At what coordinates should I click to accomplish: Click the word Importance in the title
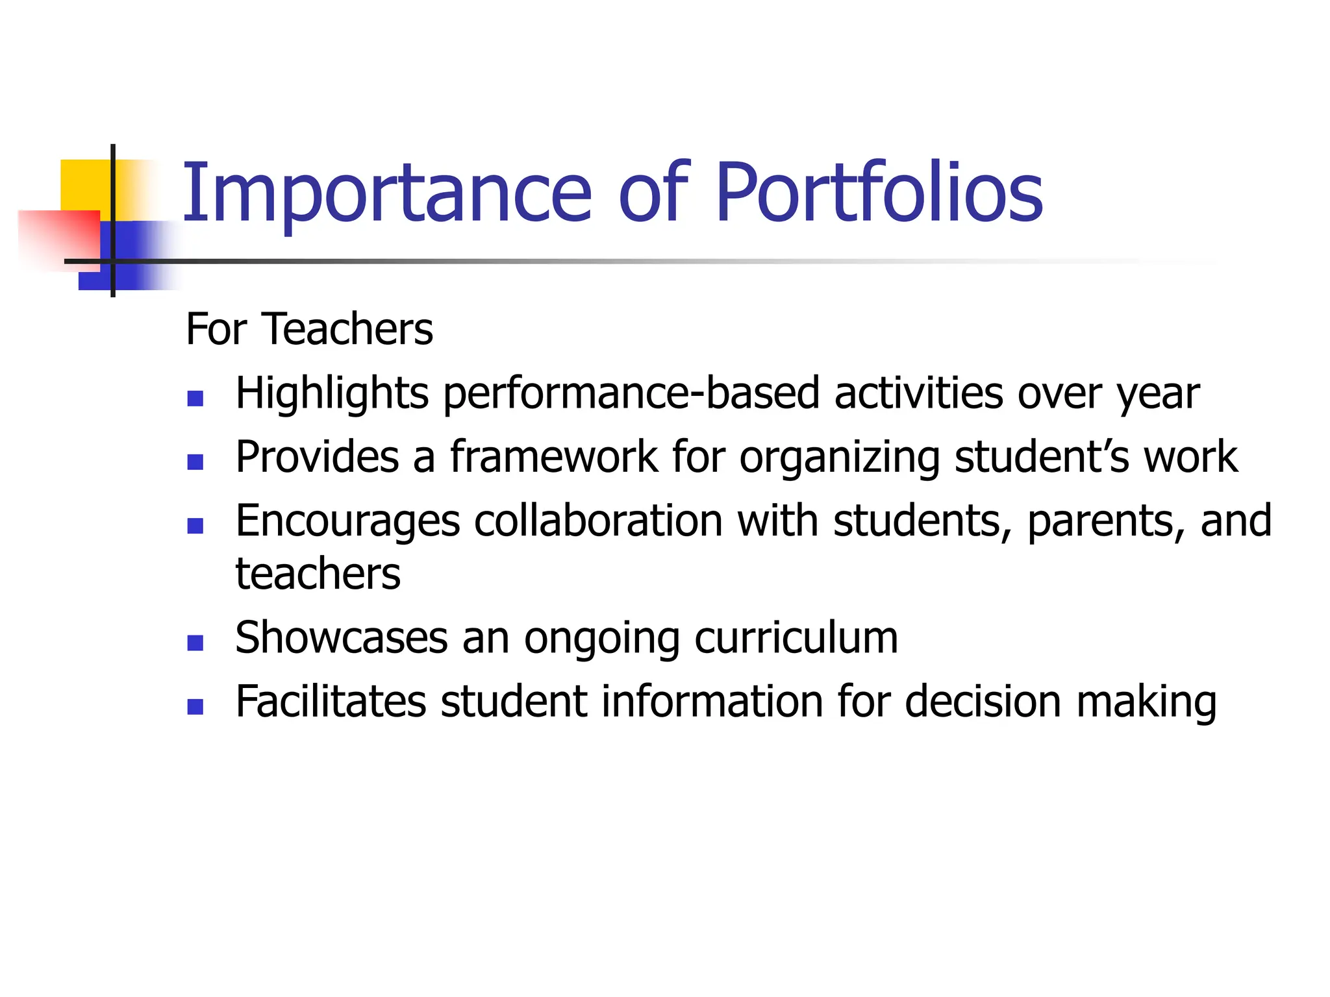(x=387, y=193)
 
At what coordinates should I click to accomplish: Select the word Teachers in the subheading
(x=347, y=329)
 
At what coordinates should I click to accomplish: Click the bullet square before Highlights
(x=195, y=398)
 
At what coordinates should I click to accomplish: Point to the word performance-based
(x=631, y=394)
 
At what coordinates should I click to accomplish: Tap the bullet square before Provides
(x=195, y=462)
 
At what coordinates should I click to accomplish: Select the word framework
(x=554, y=456)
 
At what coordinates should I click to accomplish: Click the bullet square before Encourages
(x=195, y=525)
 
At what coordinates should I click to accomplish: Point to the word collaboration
(x=598, y=521)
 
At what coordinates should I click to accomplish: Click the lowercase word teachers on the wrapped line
(x=318, y=574)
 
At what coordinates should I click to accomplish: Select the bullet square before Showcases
(x=195, y=643)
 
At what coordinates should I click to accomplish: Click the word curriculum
(x=796, y=637)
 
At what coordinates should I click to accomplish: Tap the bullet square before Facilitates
(x=195, y=706)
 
